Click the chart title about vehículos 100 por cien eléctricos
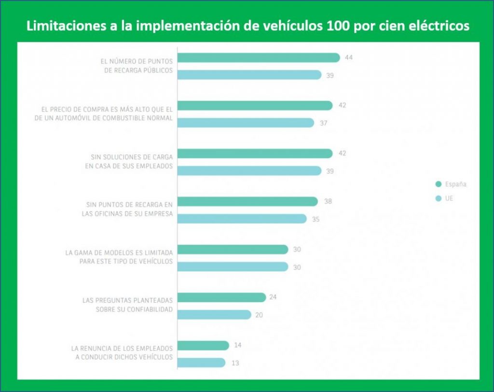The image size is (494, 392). point(247,26)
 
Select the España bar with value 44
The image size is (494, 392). point(259,57)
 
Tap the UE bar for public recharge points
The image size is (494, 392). point(249,75)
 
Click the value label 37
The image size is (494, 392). point(323,123)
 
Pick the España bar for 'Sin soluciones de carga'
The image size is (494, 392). point(255,154)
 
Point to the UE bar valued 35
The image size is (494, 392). point(242,219)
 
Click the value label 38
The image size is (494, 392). point(328,201)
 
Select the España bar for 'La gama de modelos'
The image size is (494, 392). point(233,250)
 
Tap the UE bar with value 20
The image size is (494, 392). point(214,315)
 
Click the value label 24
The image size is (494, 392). point(273,297)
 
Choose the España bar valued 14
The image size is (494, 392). point(203,346)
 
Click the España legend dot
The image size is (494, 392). point(438,184)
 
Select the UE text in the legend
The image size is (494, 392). point(450,198)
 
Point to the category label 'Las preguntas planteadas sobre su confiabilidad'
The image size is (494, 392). point(127,305)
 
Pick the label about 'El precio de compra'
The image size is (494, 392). point(110,113)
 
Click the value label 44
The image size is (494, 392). point(349,57)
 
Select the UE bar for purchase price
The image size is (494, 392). point(246,123)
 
